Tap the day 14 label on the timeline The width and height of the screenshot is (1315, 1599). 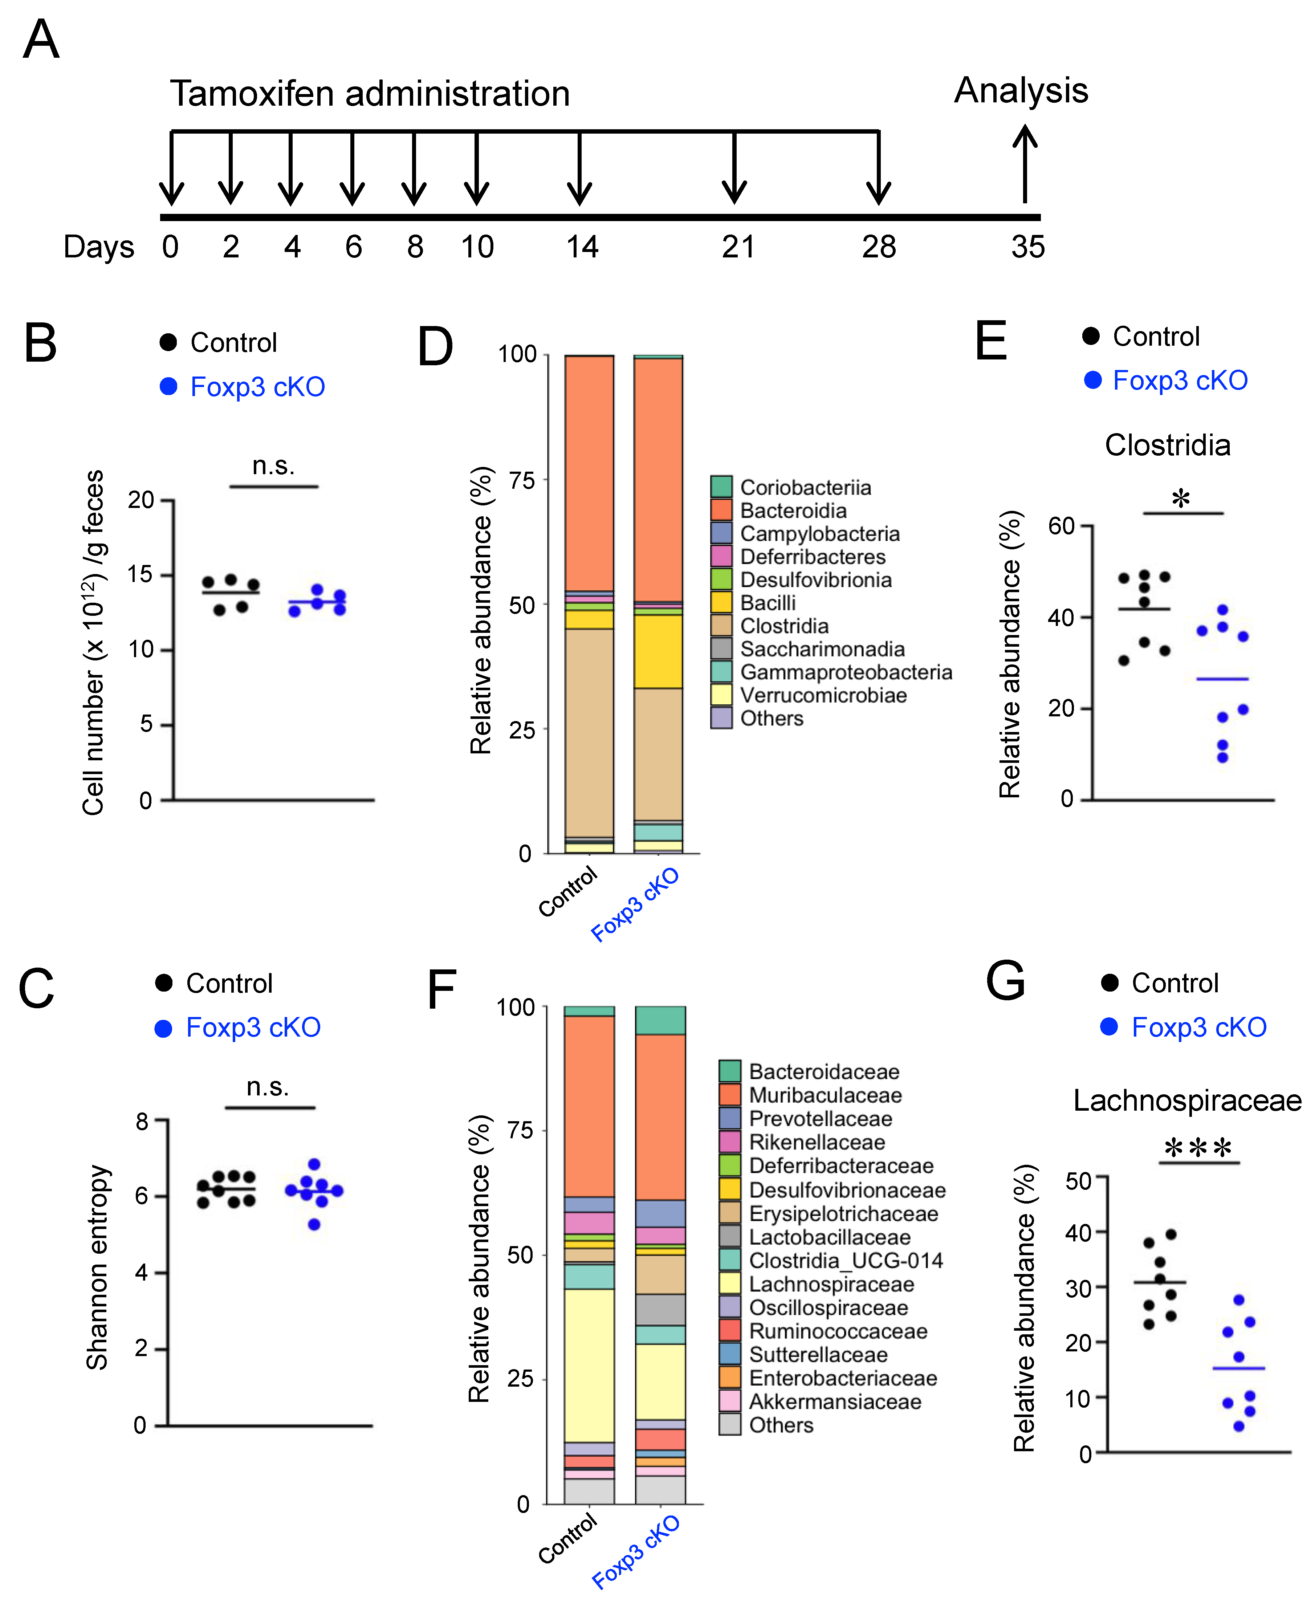click(582, 247)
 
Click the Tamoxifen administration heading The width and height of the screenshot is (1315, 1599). click(370, 94)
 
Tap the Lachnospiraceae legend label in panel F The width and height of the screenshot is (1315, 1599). click(831, 1284)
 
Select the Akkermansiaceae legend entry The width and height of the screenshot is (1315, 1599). click(835, 1401)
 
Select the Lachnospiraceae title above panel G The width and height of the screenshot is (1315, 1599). click(1187, 1100)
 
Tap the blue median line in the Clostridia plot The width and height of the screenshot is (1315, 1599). click(1222, 679)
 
